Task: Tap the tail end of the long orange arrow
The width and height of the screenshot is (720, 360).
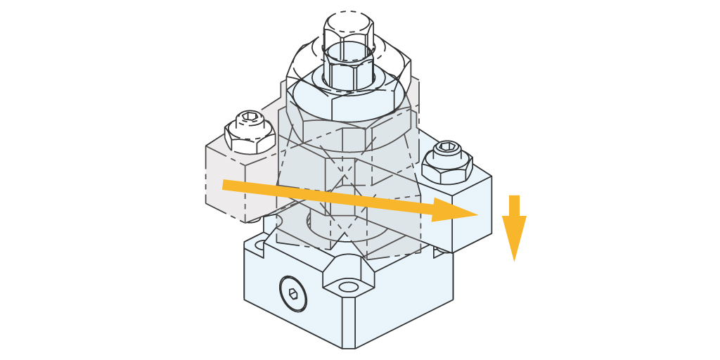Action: (226, 185)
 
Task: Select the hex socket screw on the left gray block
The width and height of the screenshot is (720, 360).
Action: (250, 121)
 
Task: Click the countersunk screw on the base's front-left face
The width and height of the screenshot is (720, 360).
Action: (292, 293)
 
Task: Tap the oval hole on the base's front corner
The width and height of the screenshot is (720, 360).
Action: (347, 287)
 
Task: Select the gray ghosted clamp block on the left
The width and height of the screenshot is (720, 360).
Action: (232, 186)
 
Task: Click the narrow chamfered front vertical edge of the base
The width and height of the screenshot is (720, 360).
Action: (348, 323)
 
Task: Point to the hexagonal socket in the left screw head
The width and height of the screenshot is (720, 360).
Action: (250, 117)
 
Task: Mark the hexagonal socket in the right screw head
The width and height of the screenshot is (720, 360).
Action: (448, 147)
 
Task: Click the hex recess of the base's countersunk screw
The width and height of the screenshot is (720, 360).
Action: (292, 294)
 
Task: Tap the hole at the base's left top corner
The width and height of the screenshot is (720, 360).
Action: (261, 245)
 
